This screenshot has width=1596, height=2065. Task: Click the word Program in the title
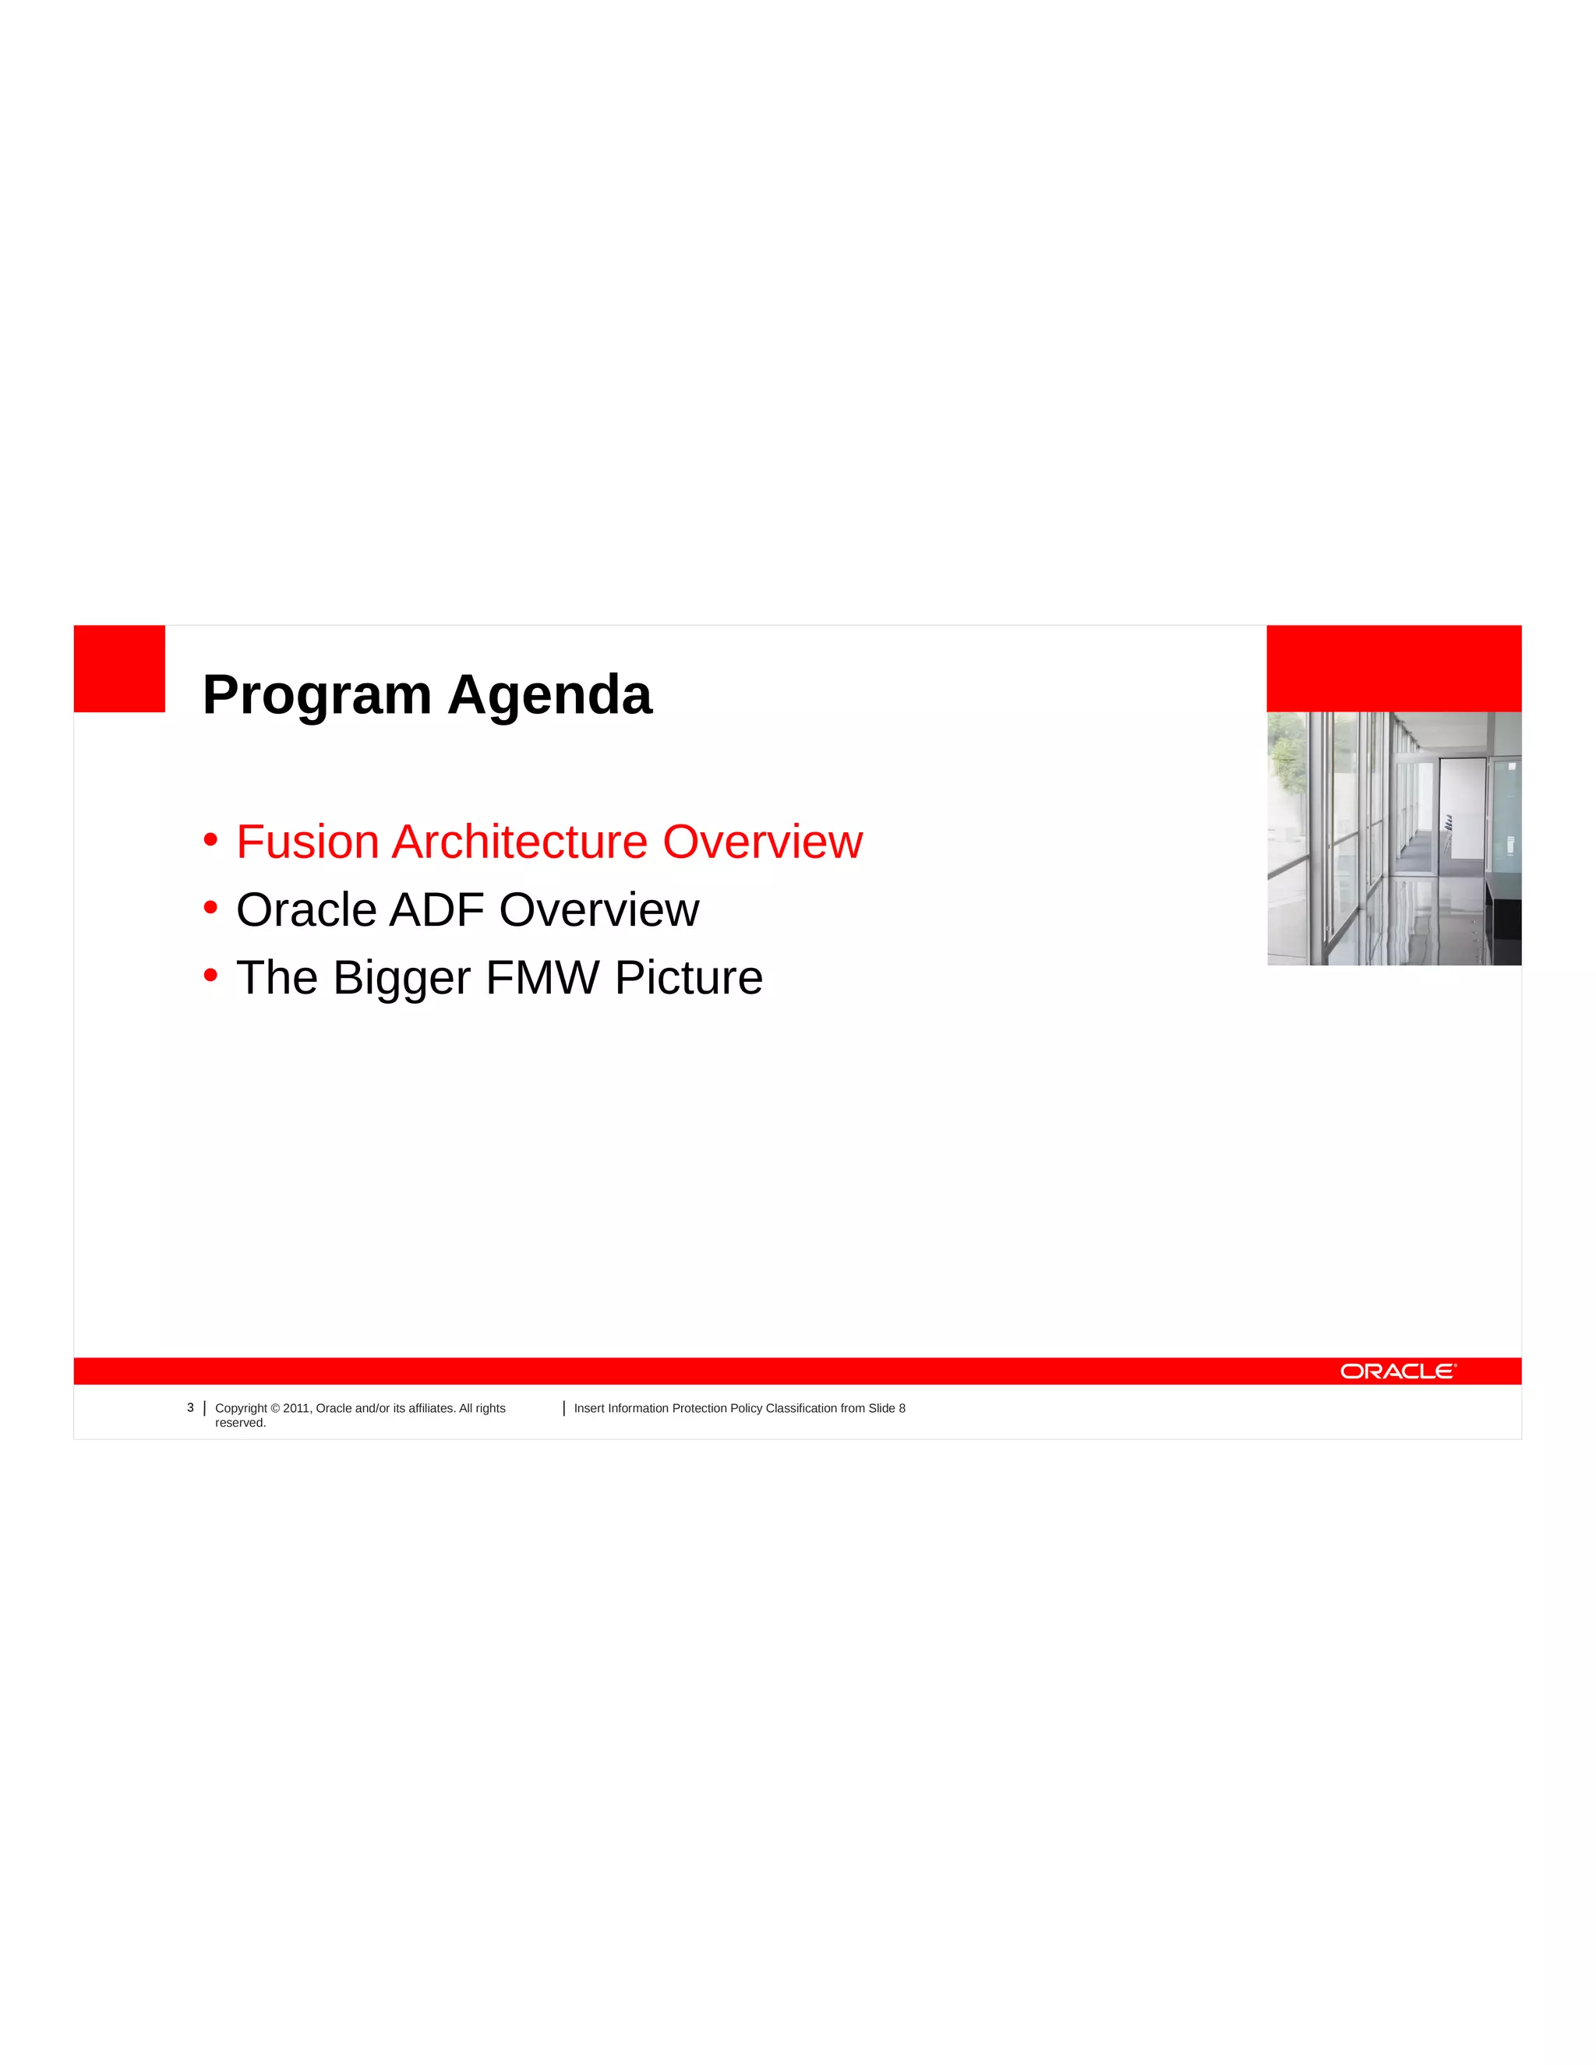pyautogui.click(x=316, y=696)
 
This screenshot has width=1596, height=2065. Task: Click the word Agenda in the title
pyautogui.click(x=549, y=696)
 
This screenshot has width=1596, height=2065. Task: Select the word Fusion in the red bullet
pyautogui.click(x=307, y=842)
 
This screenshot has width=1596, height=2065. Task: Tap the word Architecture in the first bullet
pyautogui.click(x=519, y=842)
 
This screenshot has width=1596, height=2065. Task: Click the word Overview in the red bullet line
pyautogui.click(x=762, y=842)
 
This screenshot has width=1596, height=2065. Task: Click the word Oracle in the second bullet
pyautogui.click(x=306, y=909)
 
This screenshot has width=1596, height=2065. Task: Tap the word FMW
pyautogui.click(x=542, y=978)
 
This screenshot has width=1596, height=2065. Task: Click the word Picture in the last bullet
pyautogui.click(x=688, y=978)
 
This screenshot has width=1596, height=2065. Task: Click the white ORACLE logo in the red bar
pyautogui.click(x=1397, y=1371)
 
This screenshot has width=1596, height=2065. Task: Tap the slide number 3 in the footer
pyautogui.click(x=190, y=1408)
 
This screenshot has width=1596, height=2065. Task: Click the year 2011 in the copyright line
pyautogui.click(x=296, y=1408)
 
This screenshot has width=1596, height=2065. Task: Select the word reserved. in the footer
pyautogui.click(x=240, y=1423)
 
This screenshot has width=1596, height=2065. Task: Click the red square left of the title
pyautogui.click(x=119, y=669)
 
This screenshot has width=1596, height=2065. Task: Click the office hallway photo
pyautogui.click(x=1393, y=838)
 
